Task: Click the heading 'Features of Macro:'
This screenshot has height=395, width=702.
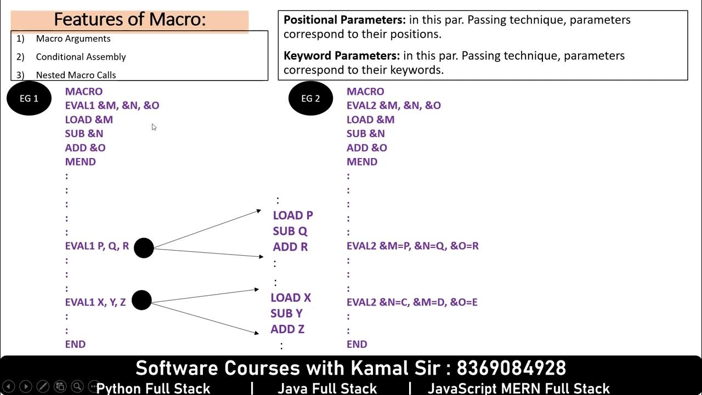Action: click(x=130, y=20)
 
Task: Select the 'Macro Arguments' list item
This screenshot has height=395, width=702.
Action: click(x=73, y=38)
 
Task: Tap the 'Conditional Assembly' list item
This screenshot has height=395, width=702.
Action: click(x=81, y=57)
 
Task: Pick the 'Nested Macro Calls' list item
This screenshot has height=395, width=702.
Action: click(x=76, y=75)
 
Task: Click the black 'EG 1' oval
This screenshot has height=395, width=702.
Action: click(x=29, y=99)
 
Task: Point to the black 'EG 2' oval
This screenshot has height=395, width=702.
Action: click(x=310, y=99)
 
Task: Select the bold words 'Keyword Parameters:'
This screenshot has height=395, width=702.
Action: click(x=342, y=56)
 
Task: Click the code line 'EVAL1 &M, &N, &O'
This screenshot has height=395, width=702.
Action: click(x=112, y=105)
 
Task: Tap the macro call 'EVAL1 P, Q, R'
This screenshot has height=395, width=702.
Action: click(x=97, y=246)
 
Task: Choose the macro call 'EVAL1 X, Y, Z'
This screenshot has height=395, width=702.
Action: click(x=95, y=302)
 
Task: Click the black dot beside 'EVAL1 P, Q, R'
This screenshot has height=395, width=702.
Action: click(x=144, y=248)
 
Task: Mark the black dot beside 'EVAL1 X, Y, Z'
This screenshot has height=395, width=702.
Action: click(x=141, y=300)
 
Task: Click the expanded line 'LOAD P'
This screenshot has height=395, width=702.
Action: click(x=293, y=216)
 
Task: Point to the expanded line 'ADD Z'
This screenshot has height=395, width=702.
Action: click(x=287, y=329)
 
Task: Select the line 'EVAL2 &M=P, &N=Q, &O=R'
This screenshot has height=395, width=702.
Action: click(x=412, y=246)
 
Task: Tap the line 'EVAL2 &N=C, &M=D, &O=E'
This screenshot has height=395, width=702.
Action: click(x=412, y=302)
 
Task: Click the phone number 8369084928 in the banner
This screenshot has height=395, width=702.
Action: click(x=511, y=368)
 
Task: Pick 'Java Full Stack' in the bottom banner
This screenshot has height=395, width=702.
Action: click(x=327, y=388)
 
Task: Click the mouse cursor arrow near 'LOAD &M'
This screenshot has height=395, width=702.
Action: click(x=154, y=127)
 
